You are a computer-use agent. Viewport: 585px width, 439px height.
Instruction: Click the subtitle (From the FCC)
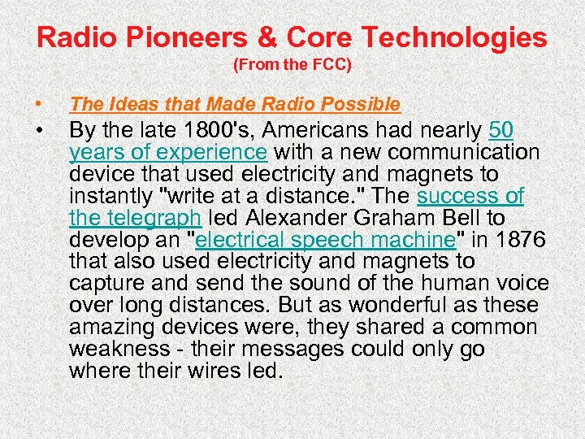[292, 64]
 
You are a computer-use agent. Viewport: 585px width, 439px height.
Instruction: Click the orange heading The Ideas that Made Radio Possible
[235, 104]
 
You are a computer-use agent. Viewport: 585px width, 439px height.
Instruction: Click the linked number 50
[501, 131]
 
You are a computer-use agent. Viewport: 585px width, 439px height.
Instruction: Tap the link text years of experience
[168, 153]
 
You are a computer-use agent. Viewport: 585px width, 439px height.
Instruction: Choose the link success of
[470, 197]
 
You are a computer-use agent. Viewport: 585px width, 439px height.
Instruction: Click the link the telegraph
[136, 219]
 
